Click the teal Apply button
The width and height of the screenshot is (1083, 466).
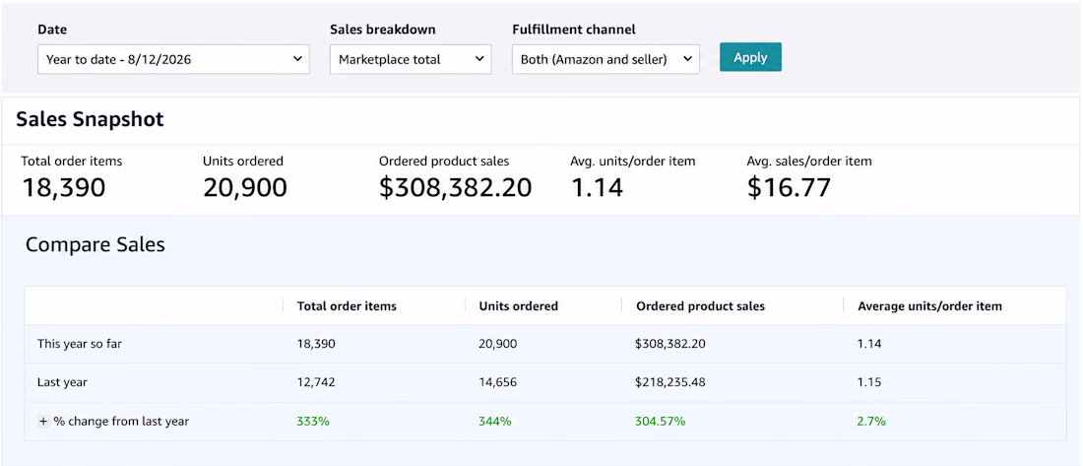coord(750,57)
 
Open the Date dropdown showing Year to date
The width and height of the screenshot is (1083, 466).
coord(173,59)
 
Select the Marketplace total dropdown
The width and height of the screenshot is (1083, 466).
coord(411,59)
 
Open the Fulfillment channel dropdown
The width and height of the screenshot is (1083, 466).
coord(605,59)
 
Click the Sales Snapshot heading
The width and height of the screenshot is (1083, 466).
coord(90,119)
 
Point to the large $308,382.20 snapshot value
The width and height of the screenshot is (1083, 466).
coord(455,187)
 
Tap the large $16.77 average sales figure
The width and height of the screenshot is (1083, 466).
coord(789,187)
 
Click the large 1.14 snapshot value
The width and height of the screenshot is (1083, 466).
coord(598,187)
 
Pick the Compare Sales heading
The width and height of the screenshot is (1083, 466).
coord(96,244)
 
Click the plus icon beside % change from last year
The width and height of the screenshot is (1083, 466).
coord(42,421)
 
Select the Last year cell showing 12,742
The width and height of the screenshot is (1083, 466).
coord(316,382)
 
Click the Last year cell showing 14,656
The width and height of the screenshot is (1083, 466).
coord(497,382)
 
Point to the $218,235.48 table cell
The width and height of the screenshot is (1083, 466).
coord(669,382)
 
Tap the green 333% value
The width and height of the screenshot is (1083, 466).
coord(313,421)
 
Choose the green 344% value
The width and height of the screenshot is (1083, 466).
coord(495,421)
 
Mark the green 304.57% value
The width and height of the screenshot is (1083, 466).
coord(661,421)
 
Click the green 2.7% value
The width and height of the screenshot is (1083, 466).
coord(871,421)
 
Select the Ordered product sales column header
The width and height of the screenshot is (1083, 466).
coord(700,306)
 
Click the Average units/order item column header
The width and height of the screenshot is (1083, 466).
coord(929,306)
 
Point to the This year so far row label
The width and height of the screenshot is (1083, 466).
coord(80,344)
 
